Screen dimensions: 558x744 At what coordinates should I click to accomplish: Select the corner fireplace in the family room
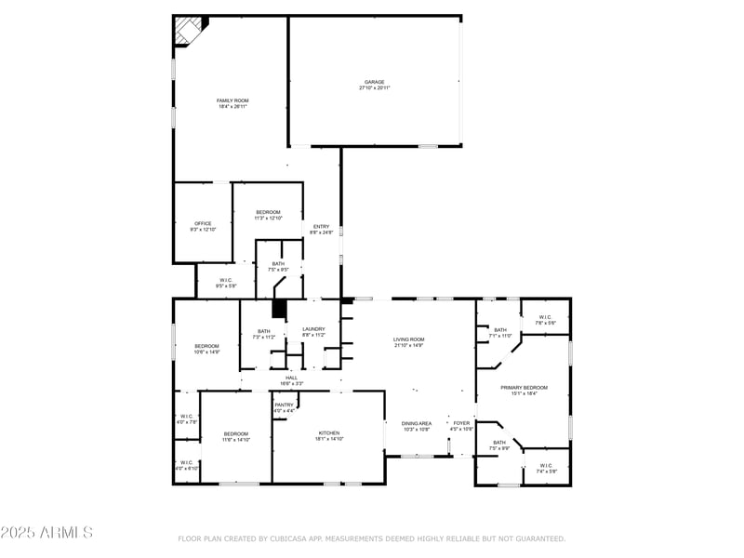pyautogui.click(x=189, y=31)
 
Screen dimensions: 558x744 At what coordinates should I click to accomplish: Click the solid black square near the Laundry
pyautogui.click(x=278, y=310)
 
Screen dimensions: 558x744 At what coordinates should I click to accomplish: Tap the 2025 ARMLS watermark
pyautogui.click(x=46, y=533)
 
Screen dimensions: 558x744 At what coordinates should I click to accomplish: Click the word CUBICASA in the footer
pyautogui.click(x=295, y=538)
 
